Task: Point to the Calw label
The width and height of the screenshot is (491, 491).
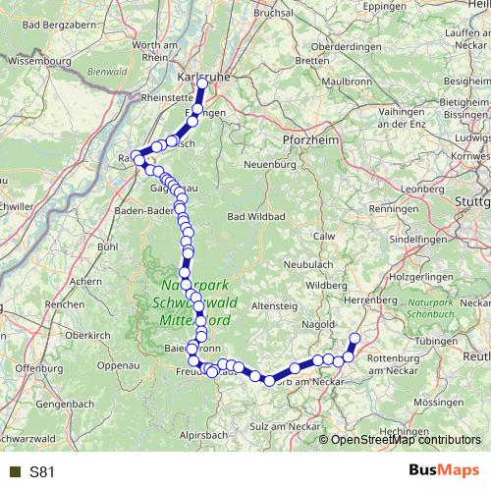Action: [x=323, y=236]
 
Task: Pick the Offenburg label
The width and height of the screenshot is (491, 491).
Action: [x=40, y=368]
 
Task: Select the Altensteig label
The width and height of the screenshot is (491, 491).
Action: [x=272, y=307]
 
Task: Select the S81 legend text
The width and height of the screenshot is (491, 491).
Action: [x=42, y=471]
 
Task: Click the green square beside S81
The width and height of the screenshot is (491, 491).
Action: [x=13, y=471]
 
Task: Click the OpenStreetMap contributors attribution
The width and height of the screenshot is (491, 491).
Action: [x=405, y=440]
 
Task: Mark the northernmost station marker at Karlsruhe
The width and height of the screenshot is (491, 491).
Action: [x=202, y=84]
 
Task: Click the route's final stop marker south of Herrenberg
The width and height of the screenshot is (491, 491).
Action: [x=355, y=339]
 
